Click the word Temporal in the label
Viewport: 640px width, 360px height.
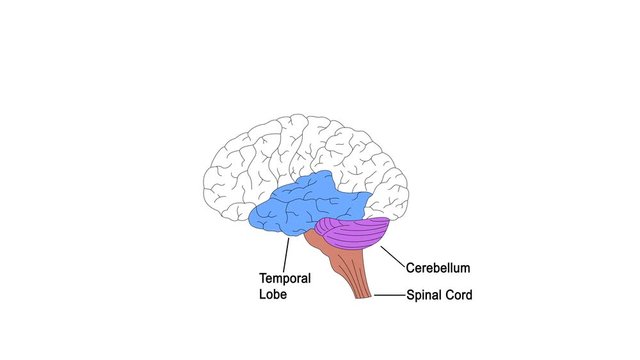click(x=285, y=278)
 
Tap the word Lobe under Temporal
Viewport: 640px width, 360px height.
click(x=274, y=294)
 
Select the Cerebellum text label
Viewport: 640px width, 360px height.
click(x=438, y=268)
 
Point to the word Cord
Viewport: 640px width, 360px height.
click(x=457, y=295)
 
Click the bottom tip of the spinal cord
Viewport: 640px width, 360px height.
click(x=364, y=297)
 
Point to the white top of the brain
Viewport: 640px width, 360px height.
click(x=300, y=135)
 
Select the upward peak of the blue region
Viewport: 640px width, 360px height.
click(x=325, y=177)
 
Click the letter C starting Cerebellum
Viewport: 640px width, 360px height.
click(x=411, y=268)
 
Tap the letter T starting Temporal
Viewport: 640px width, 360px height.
click(x=263, y=278)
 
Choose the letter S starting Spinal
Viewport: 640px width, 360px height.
click(x=410, y=295)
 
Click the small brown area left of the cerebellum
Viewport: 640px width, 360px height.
click(x=311, y=240)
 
